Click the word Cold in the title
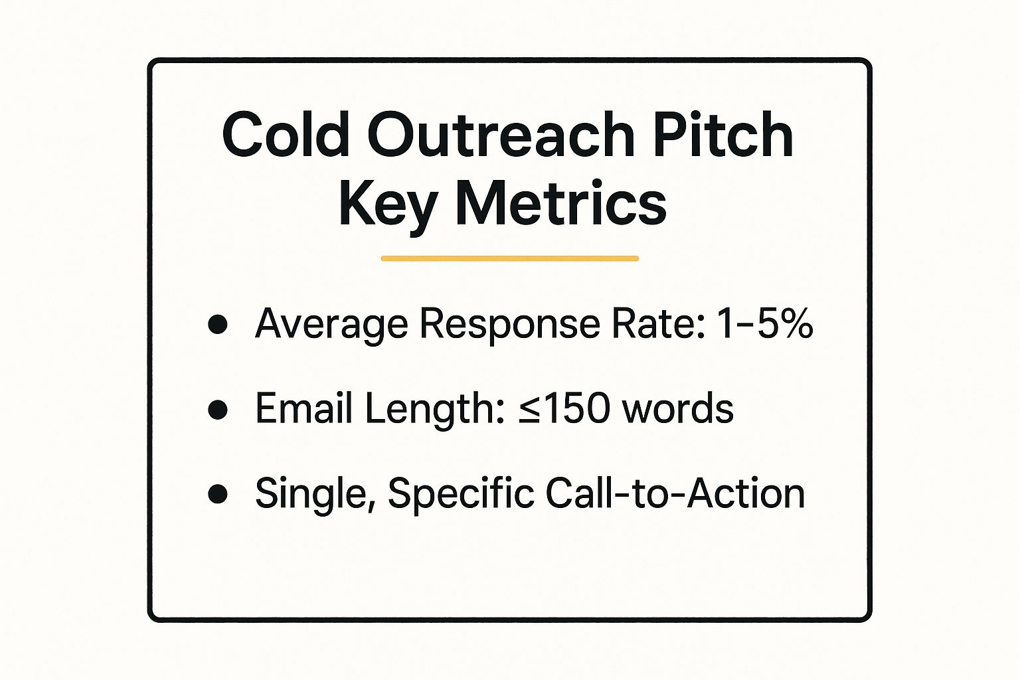(x=286, y=135)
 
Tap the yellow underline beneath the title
(x=509, y=258)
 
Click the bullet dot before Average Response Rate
(x=218, y=325)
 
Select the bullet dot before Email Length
(x=218, y=409)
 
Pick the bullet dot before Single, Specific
(x=218, y=494)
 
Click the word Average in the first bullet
(x=331, y=325)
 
